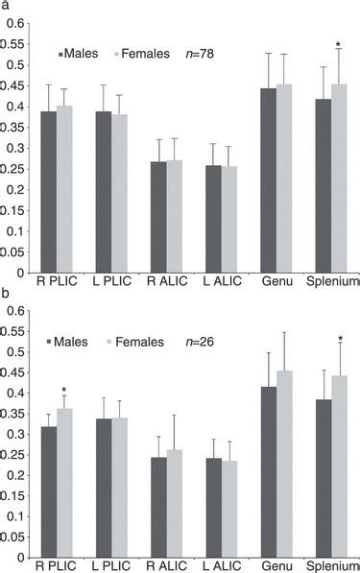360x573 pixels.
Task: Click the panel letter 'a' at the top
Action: click(x=5, y=6)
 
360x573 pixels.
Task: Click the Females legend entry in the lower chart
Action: click(x=138, y=341)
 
